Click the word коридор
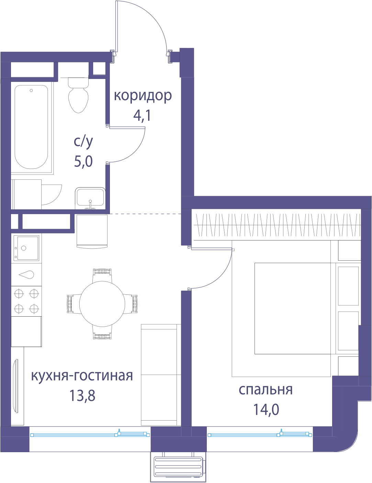click(143, 96)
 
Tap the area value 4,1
click(142, 116)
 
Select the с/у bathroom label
click(83, 141)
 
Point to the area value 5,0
click(83, 161)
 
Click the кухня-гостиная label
click(82, 375)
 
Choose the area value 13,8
click(82, 396)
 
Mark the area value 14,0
click(266, 409)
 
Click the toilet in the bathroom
click(78, 95)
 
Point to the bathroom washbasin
click(90, 199)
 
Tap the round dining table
click(102, 304)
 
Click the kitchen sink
click(26, 248)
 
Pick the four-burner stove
click(26, 301)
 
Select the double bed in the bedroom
click(293, 308)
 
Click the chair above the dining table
click(102, 275)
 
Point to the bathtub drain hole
click(31, 91)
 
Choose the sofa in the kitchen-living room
click(161, 375)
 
